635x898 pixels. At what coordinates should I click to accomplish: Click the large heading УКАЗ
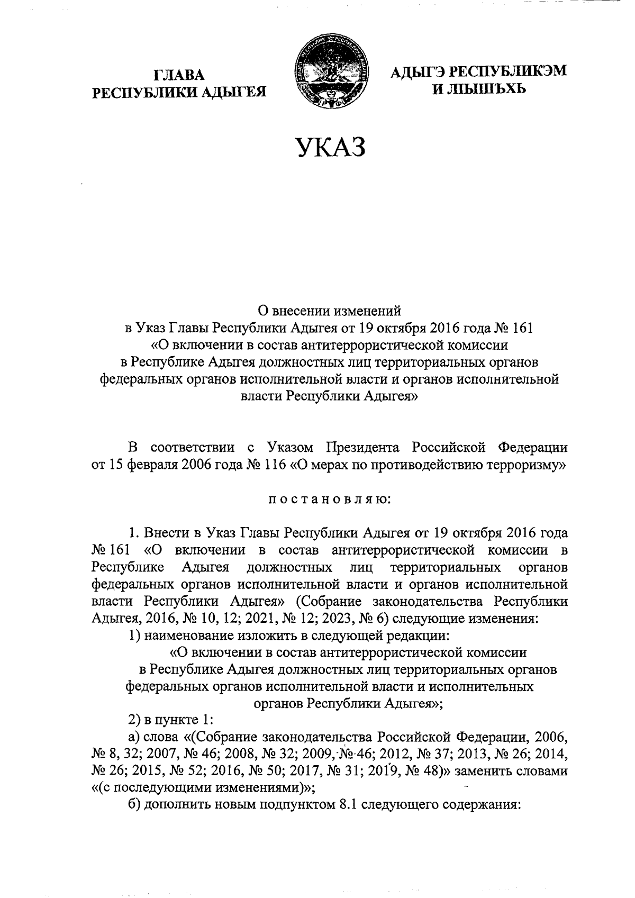(x=331, y=147)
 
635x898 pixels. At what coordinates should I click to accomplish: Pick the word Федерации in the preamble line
(x=533, y=447)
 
